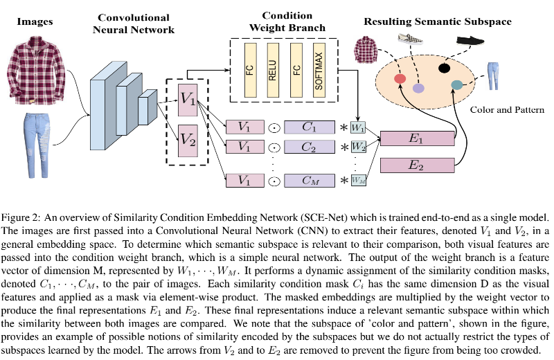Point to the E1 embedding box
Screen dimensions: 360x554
click(x=416, y=138)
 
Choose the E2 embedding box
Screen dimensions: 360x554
click(x=416, y=165)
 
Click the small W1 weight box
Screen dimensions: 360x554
click(x=357, y=128)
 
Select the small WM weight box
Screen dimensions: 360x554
click(x=357, y=181)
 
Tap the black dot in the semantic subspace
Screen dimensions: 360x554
click(x=444, y=68)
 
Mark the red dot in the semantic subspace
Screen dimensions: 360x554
click(x=400, y=79)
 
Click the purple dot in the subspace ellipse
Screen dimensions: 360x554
click(x=418, y=89)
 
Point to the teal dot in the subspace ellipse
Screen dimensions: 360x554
click(x=456, y=84)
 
